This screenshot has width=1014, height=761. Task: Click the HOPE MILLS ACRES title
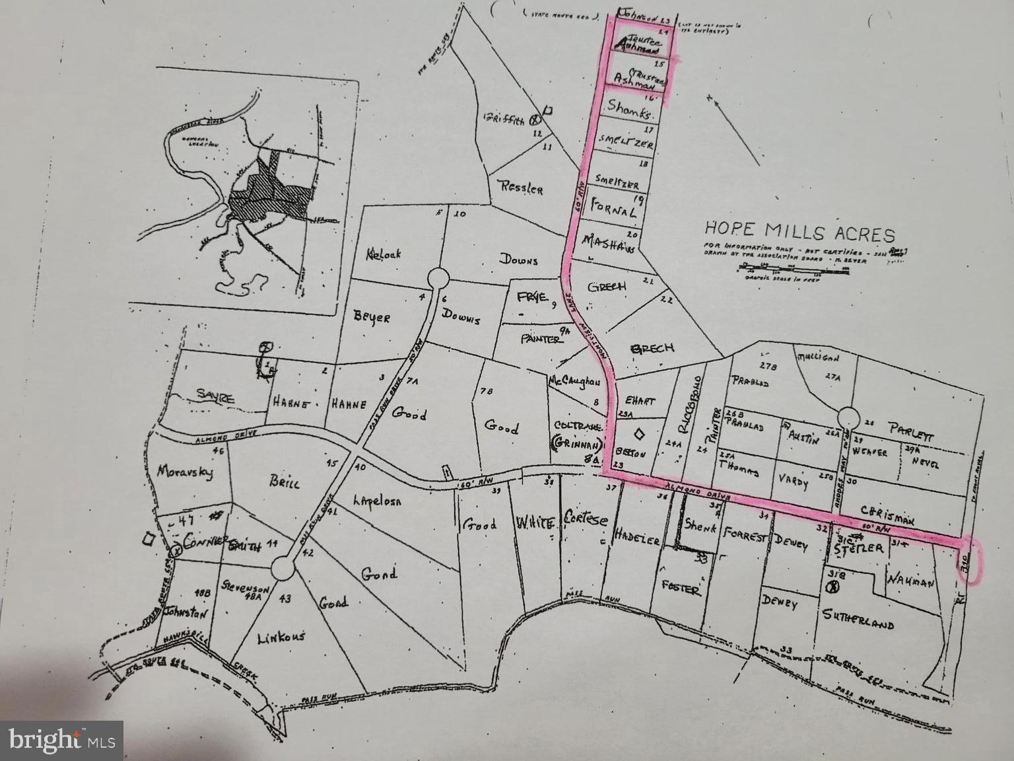click(x=799, y=233)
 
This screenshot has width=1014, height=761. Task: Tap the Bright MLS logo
click(x=63, y=739)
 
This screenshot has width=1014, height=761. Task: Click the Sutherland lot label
click(x=858, y=620)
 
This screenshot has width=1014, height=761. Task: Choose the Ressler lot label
click(x=522, y=188)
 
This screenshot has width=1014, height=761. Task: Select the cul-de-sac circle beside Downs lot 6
click(x=438, y=278)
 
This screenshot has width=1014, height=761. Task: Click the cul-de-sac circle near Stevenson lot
click(x=283, y=567)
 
